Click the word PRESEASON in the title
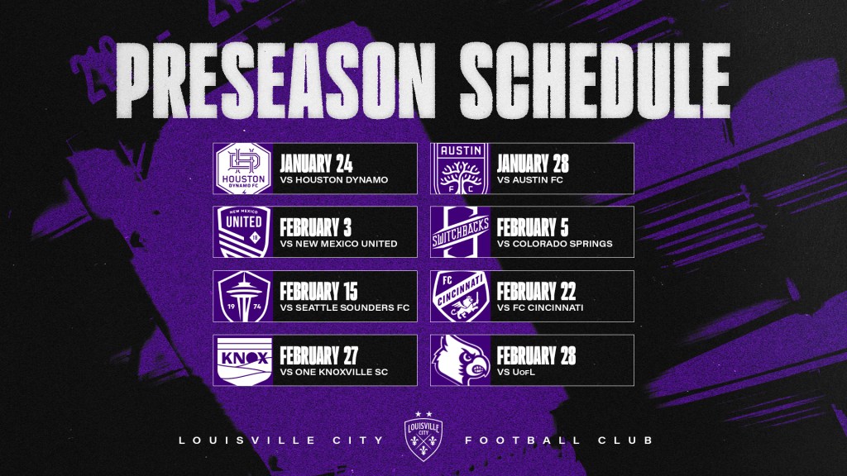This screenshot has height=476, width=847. click(275, 80)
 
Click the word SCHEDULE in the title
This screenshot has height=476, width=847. click(596, 80)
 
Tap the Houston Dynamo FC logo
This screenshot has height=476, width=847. click(243, 169)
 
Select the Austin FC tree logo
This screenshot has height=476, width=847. click(460, 169)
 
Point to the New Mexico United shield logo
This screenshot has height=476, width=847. click(243, 232)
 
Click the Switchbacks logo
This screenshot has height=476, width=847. click(460, 232)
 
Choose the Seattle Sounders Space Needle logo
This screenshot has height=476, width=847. click(243, 297)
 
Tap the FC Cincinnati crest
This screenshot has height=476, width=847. click(460, 297)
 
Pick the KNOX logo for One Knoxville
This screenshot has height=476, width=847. click(244, 360)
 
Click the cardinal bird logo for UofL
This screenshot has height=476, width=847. click(460, 360)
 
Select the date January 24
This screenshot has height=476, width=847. click(316, 164)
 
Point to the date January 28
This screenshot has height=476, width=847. click(533, 164)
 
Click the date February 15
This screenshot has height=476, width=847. click(318, 292)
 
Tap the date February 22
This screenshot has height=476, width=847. click(536, 292)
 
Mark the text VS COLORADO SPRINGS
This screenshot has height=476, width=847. click(555, 244)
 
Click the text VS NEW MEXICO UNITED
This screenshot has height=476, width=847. click(338, 244)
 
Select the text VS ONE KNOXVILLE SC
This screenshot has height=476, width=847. click(334, 372)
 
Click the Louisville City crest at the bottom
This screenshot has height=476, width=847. click(423, 436)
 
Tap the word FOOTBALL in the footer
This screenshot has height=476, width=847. click(523, 440)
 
